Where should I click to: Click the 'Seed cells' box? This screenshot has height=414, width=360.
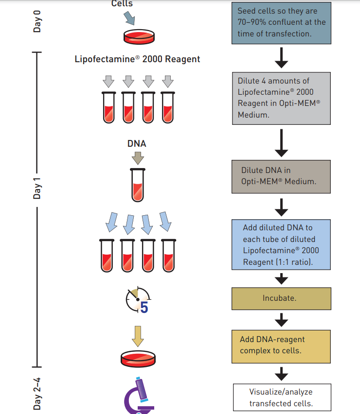pos(282,22)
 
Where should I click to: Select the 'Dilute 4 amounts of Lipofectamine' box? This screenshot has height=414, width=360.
pos(282,98)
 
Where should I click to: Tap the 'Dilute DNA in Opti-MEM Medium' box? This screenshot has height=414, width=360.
pos(282,176)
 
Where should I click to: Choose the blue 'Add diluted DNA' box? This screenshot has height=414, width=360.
pos(282,244)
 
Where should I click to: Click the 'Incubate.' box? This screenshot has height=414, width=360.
pos(282,298)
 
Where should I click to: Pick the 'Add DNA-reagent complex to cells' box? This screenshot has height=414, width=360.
pos(282,345)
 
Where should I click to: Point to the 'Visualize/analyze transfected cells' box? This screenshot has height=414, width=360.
pos(282,397)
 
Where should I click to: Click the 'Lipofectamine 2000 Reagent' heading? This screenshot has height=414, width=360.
pos(137,59)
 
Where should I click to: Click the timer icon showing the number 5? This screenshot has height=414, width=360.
pos(138,300)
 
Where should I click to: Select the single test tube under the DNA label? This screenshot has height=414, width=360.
pos(138,185)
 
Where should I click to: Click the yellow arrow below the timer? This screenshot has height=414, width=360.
pos(138,335)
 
